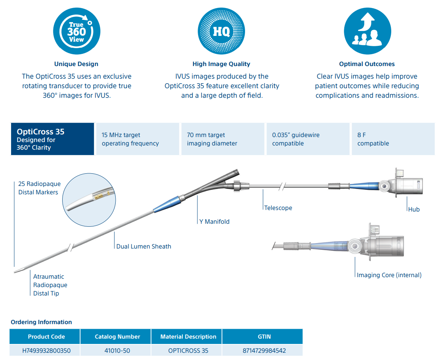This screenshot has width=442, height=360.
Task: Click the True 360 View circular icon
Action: tap(76, 31)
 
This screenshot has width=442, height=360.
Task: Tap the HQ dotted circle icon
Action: tap(221, 31)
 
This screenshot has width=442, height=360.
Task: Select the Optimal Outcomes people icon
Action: tap(367, 31)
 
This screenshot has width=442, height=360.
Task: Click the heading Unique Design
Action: tap(76, 64)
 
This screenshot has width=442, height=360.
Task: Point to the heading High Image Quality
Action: tap(221, 64)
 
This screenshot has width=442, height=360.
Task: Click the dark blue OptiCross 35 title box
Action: tap(52, 139)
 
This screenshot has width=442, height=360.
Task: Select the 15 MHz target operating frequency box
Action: tap(137, 139)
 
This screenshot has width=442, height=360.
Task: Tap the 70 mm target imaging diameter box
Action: tap(223, 139)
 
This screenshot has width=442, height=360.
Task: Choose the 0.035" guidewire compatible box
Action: tap(308, 139)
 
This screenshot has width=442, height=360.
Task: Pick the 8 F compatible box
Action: tap(393, 139)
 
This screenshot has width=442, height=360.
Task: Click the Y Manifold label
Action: tap(215, 221)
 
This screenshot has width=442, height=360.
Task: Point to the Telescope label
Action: tap(278, 208)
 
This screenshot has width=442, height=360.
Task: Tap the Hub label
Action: tap(414, 209)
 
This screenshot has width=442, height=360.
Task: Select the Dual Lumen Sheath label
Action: tap(144, 247)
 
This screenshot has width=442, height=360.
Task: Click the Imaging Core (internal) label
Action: tap(389, 275)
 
